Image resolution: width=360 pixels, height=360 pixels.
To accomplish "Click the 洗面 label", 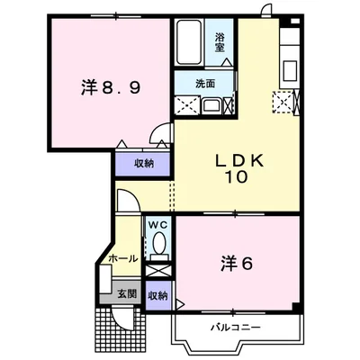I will pyautogui.click(x=206, y=83).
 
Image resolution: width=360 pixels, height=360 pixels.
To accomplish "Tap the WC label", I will pyautogui.click(x=158, y=224).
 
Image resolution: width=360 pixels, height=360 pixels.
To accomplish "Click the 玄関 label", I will pyautogui.click(x=125, y=292).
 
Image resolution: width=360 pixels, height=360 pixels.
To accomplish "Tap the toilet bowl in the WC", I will pyautogui.click(x=158, y=243).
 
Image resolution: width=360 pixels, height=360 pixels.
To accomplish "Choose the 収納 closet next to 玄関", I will pyautogui.click(x=157, y=294).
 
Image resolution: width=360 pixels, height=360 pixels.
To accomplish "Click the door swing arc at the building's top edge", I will pyautogui.click(x=263, y=11).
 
